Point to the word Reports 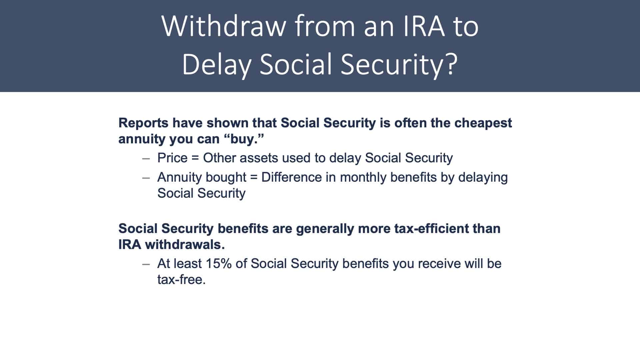point(144,123)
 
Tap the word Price point(172,158)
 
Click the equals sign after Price point(195,158)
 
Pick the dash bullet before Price point(146,159)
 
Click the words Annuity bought point(202,177)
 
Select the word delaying point(483,177)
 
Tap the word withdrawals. point(185,245)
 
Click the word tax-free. point(181,280)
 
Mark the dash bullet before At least point(146,264)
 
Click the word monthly point(363,177)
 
